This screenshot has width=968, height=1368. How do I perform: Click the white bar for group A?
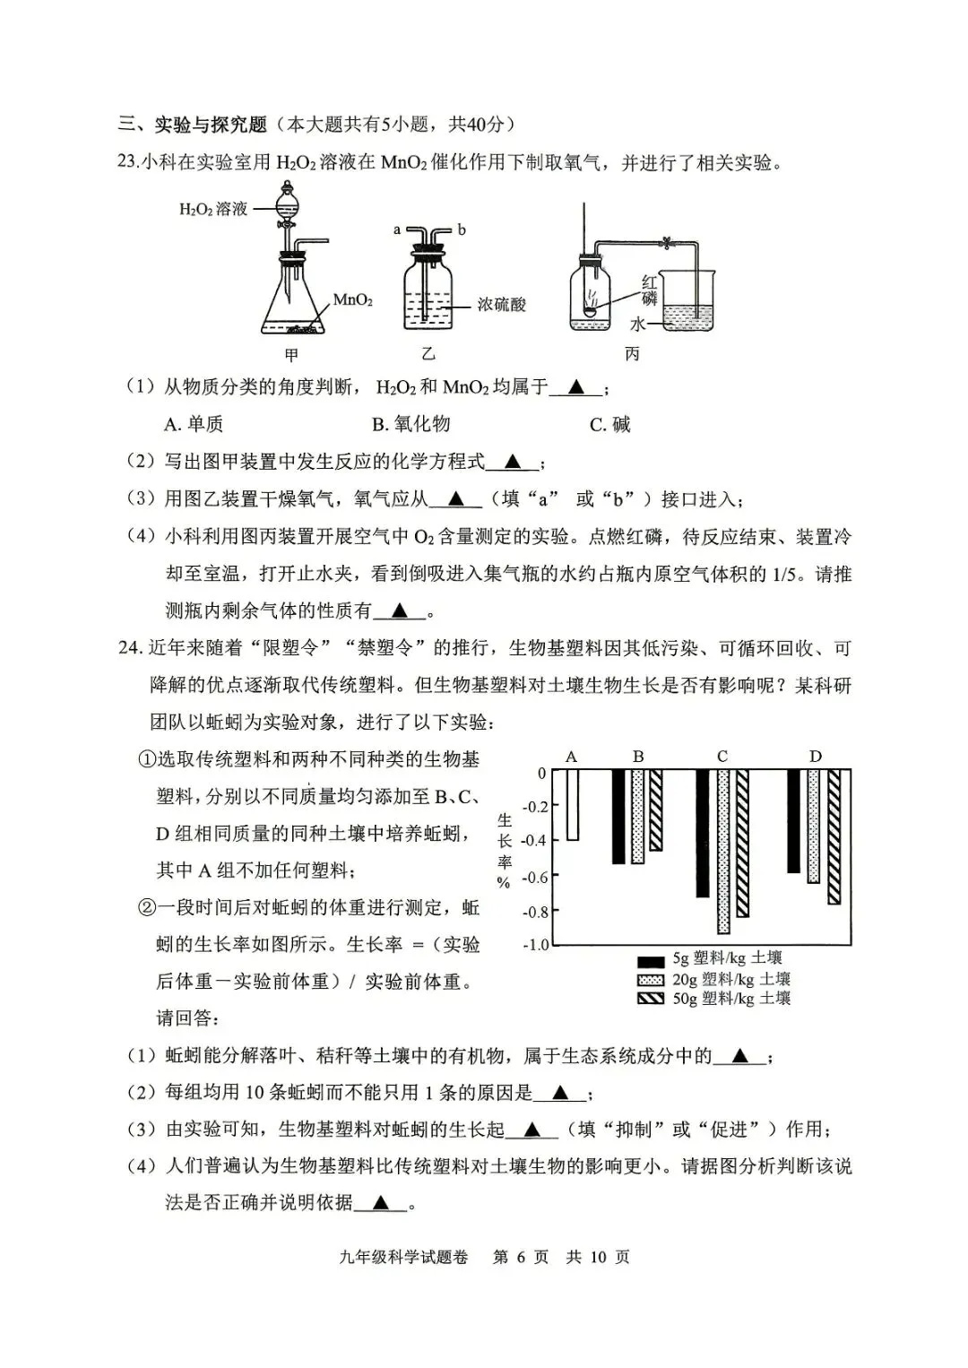tap(572, 804)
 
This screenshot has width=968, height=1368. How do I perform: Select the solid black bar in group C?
tap(702, 833)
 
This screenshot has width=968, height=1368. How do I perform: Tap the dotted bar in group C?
tap(723, 851)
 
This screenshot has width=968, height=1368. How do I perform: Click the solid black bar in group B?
tap(618, 816)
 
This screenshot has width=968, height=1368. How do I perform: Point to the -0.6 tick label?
tap(534, 877)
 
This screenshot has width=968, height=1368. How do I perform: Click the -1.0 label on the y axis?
tap(534, 945)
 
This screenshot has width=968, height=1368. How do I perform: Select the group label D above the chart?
tap(815, 757)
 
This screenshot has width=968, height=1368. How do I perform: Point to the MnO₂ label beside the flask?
tap(353, 300)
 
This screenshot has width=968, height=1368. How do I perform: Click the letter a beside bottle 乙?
tap(397, 229)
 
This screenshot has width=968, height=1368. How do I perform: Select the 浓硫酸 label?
tap(502, 305)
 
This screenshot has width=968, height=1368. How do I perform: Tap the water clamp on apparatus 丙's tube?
tap(667, 241)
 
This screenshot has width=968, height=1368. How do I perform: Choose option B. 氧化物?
tap(411, 424)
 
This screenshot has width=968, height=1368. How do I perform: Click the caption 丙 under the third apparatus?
tap(633, 354)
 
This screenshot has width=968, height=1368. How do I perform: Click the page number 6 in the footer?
tap(521, 1257)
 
